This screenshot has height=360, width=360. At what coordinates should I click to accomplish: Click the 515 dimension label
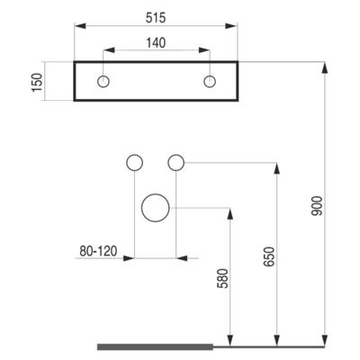pos(156,18)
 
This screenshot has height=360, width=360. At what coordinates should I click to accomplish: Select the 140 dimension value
pos(156,43)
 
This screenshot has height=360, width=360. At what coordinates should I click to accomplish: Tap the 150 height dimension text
pos(38,83)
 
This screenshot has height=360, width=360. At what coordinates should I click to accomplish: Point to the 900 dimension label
pos(317,206)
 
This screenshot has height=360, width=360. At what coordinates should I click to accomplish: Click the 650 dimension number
pos(269,256)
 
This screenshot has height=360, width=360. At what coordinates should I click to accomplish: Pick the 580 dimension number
pos(222,278)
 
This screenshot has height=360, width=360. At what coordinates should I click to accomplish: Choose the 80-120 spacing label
pos(98,251)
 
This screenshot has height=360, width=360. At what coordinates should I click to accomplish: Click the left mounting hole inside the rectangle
pos(103,82)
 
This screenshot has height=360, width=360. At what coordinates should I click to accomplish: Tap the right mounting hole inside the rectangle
pos(210,82)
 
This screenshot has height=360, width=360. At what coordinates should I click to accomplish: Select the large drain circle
pos(156,208)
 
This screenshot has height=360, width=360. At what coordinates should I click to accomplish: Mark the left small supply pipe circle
pos(135,163)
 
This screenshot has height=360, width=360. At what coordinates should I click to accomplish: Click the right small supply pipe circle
pos(176,163)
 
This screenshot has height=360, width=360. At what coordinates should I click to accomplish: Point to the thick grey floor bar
pos(155,346)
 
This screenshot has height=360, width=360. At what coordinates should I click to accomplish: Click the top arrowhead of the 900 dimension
pos(324,67)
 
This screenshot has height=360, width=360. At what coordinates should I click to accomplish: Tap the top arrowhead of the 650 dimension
pos(277,168)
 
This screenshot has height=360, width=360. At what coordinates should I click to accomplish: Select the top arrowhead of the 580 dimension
pos(230,213)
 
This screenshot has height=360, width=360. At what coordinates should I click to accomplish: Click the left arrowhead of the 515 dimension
pos(80,26)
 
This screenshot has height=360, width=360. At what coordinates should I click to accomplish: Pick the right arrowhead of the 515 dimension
pos(231,26)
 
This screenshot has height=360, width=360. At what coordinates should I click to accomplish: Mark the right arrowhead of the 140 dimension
pos(203,50)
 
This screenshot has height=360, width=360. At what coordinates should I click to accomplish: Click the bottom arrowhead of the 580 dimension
pos(230,340)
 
